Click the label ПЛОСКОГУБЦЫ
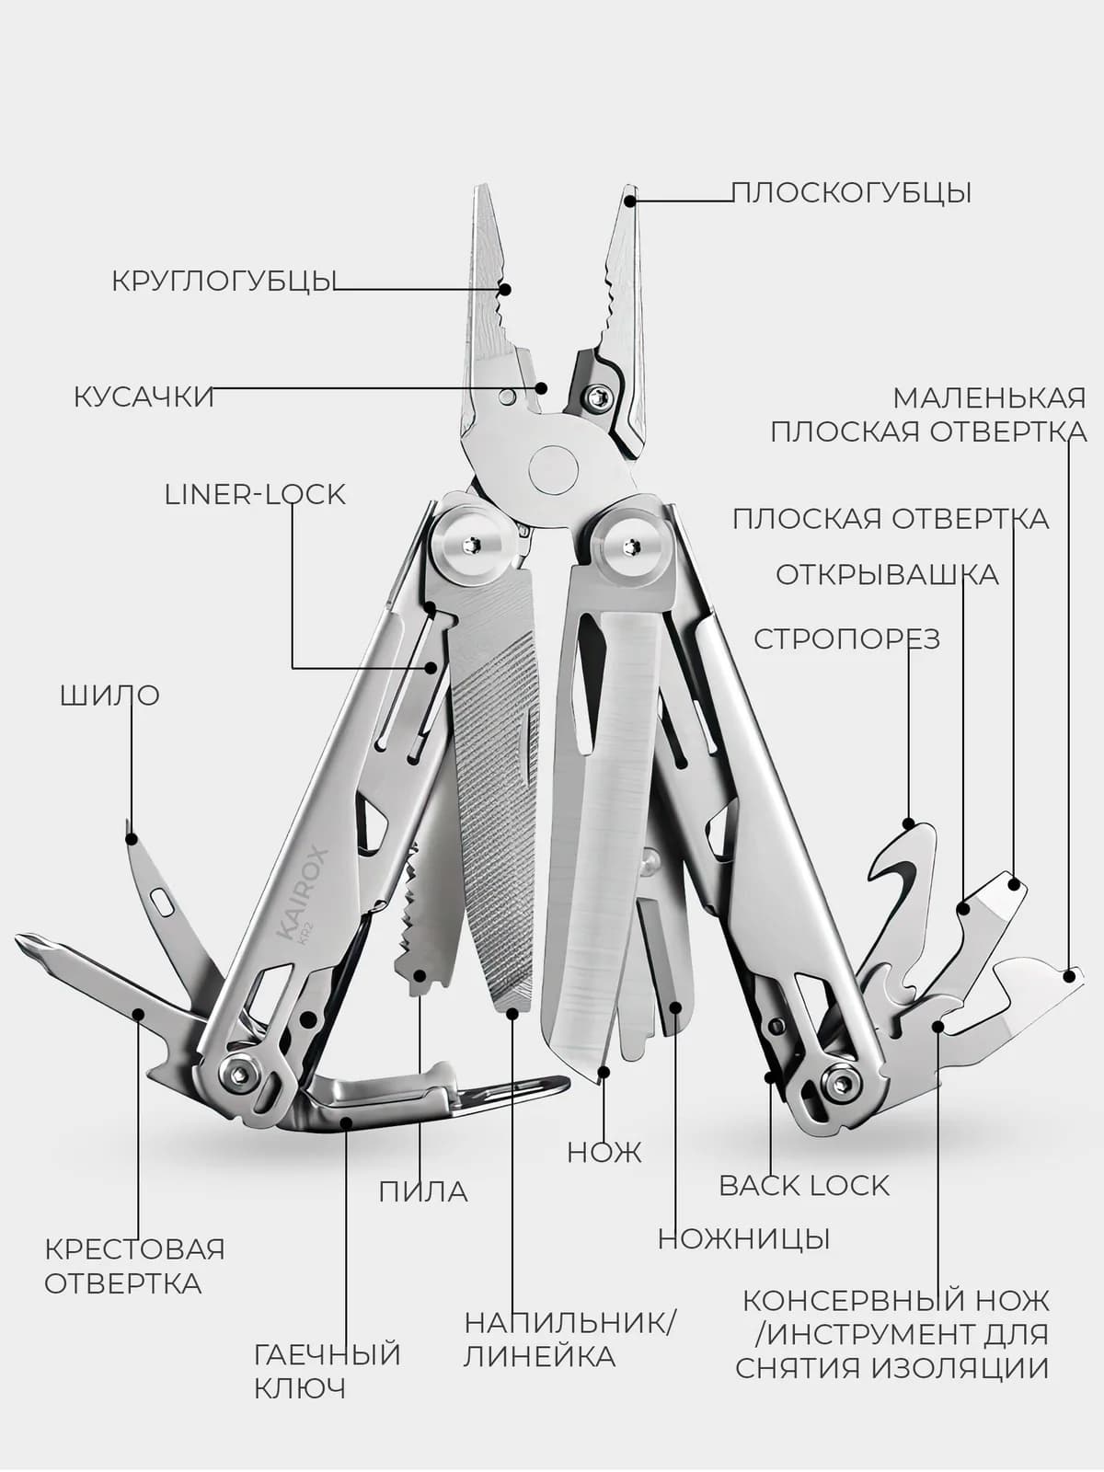[x=850, y=193]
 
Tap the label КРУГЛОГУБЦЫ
[x=222, y=281]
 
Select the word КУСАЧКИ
[x=144, y=397]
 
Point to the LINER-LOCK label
[x=255, y=495]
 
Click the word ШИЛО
[x=109, y=696]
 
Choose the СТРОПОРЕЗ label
[x=846, y=639]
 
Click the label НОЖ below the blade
[x=604, y=1152]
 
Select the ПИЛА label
[x=423, y=1191]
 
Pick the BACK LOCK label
[x=804, y=1186]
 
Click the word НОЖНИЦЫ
[x=744, y=1238]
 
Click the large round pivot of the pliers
[x=553, y=469]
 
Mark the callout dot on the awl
[x=132, y=839]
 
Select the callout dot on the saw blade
[x=420, y=975]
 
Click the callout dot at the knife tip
[x=604, y=1072]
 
